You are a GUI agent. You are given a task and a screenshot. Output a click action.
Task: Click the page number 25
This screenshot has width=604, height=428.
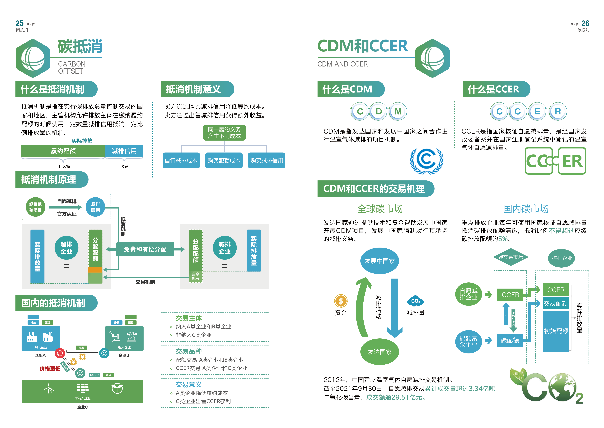point(19,23)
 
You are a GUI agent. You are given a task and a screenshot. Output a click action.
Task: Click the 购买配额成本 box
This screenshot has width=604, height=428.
point(224,161)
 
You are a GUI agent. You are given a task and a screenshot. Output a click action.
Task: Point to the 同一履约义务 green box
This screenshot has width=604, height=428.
point(224,133)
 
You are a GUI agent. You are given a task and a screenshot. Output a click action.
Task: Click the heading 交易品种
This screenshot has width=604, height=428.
point(189,351)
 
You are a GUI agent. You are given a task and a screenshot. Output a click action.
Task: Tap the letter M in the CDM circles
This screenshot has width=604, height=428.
point(398,112)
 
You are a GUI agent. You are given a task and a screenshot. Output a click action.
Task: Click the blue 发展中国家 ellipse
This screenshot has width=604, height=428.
point(380,261)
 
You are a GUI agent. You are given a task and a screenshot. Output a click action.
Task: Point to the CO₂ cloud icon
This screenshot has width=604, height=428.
point(415,301)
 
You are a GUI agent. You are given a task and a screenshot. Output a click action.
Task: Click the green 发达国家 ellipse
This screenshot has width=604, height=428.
point(380,352)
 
